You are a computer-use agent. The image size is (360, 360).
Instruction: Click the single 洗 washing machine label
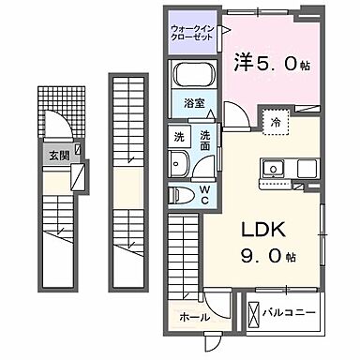[178, 136]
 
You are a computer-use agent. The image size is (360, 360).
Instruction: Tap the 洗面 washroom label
[206, 141]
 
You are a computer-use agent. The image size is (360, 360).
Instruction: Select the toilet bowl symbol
[182, 195]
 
